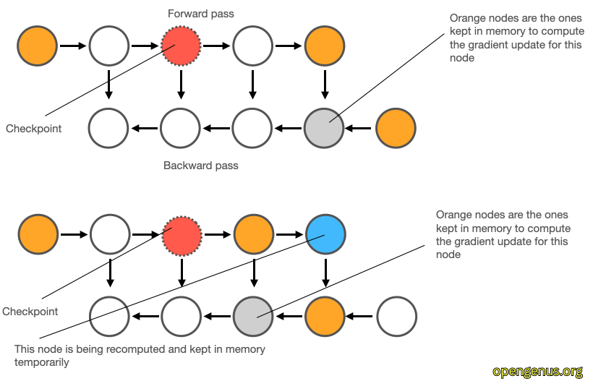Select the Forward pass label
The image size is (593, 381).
tap(201, 14)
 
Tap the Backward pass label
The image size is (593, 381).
tap(201, 166)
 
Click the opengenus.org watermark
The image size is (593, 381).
tap(537, 371)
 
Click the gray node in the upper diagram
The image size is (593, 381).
tap(324, 129)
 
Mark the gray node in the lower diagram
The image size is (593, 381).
tap(252, 316)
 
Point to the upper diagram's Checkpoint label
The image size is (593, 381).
tap(34, 129)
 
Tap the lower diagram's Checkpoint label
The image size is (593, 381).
tap(30, 312)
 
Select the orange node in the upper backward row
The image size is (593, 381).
tap(396, 129)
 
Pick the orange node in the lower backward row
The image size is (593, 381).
tap(325, 316)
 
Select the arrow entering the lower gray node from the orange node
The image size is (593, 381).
tap(288, 316)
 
